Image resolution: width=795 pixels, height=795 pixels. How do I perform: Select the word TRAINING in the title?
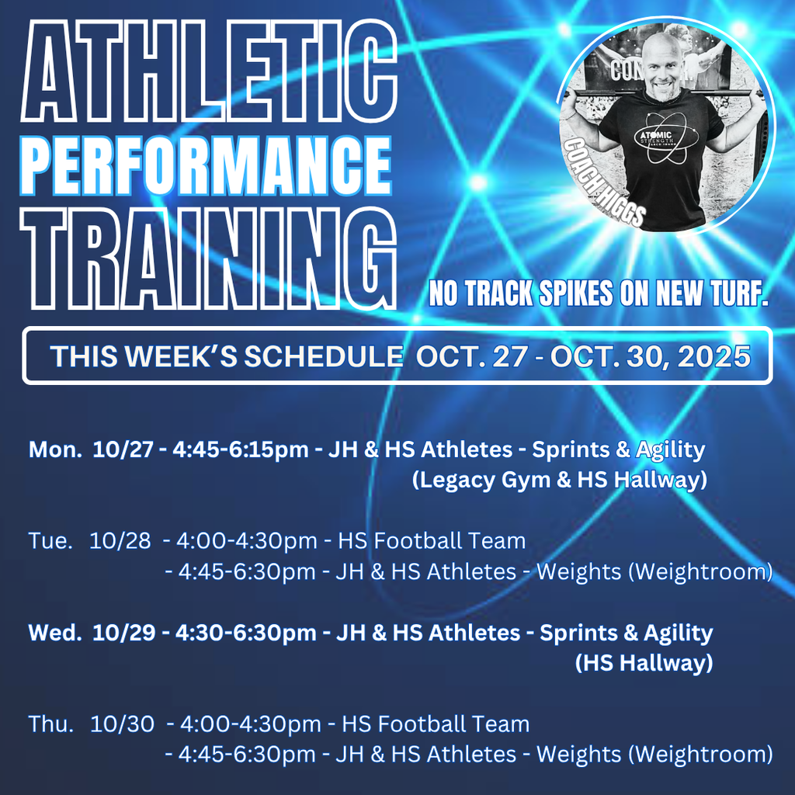(208, 256)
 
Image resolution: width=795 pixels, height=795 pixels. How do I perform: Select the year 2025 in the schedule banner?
(713, 356)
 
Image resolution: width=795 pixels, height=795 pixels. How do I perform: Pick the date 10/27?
(123, 450)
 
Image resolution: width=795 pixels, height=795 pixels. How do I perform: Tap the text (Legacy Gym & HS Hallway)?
(559, 480)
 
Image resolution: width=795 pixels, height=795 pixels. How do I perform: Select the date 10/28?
(120, 541)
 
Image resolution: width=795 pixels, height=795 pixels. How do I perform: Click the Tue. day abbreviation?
(50, 541)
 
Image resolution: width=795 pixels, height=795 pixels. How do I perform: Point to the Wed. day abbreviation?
(54, 633)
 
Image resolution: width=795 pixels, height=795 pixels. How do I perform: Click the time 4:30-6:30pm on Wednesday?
(245, 633)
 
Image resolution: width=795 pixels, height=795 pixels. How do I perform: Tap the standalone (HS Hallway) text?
(644, 663)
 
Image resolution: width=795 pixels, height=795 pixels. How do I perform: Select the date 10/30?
(122, 724)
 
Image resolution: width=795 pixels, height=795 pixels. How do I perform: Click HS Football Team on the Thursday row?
(436, 724)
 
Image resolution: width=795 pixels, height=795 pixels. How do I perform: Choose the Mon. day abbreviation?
(54, 450)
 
